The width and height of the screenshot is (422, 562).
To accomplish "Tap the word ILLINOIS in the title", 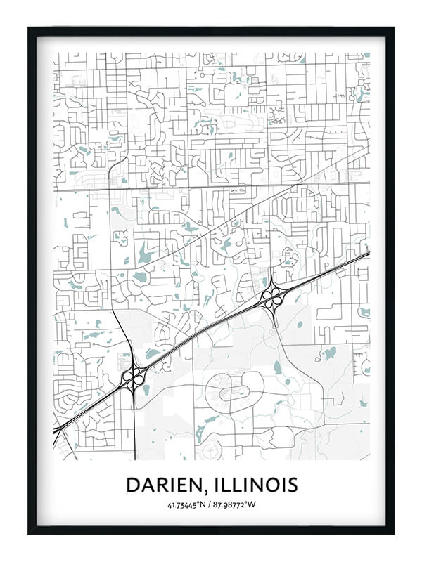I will tap(260, 485).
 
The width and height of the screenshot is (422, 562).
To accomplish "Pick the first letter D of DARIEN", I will tap(133, 485).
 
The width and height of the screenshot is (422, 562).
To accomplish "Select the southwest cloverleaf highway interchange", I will tap(134, 377).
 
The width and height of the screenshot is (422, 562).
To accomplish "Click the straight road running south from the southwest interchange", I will tap(134, 429).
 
